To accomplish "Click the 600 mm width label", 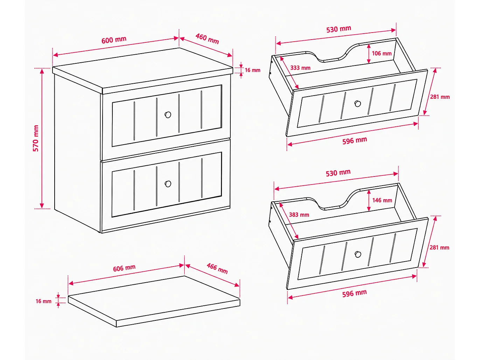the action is tap(114, 40).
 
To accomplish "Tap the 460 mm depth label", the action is tap(207, 39).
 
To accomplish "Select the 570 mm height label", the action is tap(36, 138).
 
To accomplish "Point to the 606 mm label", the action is tap(124, 268).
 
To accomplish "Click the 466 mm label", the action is tap(217, 269).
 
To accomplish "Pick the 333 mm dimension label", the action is tap(300, 68).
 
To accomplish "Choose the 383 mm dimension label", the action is tap(299, 215).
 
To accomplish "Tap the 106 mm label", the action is tap(382, 53).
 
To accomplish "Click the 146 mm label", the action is tap(382, 200).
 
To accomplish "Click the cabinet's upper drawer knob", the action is tap(168, 115).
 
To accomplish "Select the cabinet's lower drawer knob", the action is tap(168, 184).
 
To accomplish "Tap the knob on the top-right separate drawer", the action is tap(357, 104).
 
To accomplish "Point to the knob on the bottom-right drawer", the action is tap(358, 254).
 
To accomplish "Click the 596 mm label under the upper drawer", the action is tap(354, 140).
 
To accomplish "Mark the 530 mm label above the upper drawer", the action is tap(339, 29).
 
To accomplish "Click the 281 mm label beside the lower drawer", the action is tap(439, 248).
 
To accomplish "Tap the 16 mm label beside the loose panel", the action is tap(43, 302).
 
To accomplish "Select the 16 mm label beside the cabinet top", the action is tap(252, 70).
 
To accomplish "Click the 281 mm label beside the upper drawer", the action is tap(440, 97).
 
